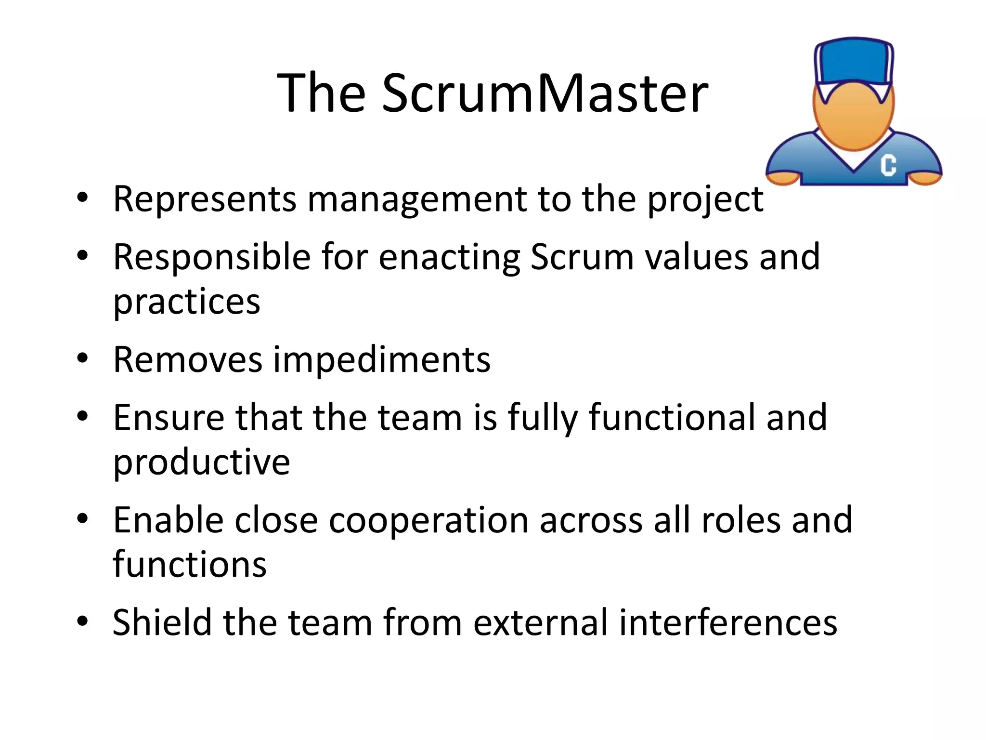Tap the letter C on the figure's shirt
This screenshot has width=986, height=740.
click(x=888, y=165)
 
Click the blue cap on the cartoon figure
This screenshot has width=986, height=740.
click(x=854, y=63)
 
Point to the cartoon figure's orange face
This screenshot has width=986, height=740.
click(x=854, y=118)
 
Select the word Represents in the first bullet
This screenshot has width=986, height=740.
click(x=205, y=198)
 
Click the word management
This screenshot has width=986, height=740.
click(x=417, y=199)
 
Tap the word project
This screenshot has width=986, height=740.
click(x=705, y=199)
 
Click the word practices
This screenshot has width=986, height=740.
click(x=187, y=303)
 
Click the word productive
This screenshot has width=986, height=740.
click(x=201, y=462)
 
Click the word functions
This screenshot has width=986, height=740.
click(x=190, y=565)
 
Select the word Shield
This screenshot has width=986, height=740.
click(x=162, y=622)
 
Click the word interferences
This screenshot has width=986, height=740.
click(x=728, y=622)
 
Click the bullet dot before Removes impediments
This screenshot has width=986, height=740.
click(x=82, y=358)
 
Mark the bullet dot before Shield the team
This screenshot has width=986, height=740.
click(x=82, y=621)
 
